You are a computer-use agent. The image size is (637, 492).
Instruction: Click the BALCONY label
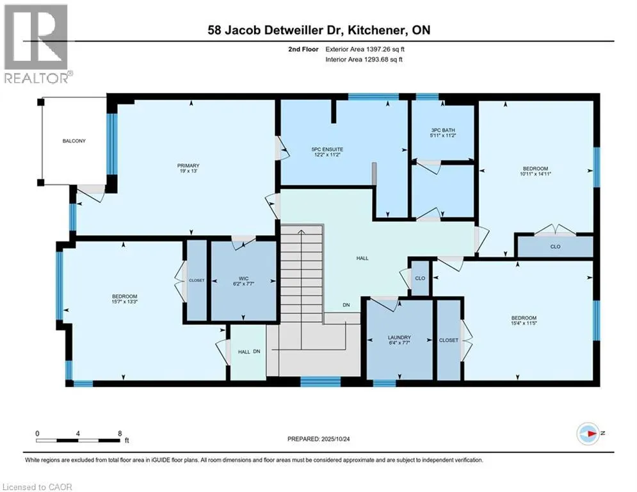click(x=74, y=141)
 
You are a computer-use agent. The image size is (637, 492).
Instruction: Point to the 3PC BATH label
click(x=442, y=130)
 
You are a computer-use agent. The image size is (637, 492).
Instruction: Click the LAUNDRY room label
click(x=398, y=338)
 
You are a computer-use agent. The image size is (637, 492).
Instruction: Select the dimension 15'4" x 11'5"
click(x=523, y=325)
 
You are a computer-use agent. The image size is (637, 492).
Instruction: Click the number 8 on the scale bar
click(x=120, y=433)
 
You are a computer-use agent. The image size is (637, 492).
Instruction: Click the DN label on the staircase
click(x=346, y=306)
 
